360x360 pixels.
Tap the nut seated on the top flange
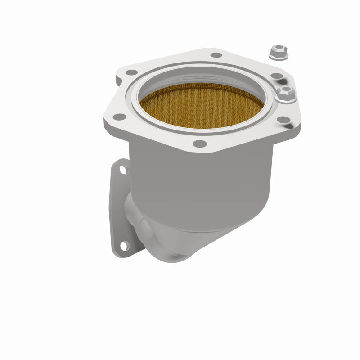(285, 94)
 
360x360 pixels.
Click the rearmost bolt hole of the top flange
(216, 55)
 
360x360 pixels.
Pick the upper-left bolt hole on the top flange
(131, 72)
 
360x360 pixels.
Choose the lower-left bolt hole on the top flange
(119, 117)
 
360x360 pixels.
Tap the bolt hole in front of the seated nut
(284, 120)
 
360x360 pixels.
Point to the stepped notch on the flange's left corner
(118, 81)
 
